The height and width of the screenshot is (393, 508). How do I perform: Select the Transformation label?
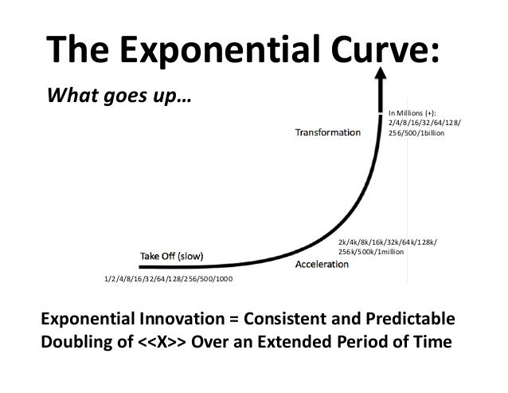coord(328,132)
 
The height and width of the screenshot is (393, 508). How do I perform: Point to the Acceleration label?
coord(326,263)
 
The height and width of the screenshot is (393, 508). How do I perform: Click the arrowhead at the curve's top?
coord(380,76)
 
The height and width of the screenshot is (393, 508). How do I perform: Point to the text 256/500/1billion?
coord(417,134)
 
